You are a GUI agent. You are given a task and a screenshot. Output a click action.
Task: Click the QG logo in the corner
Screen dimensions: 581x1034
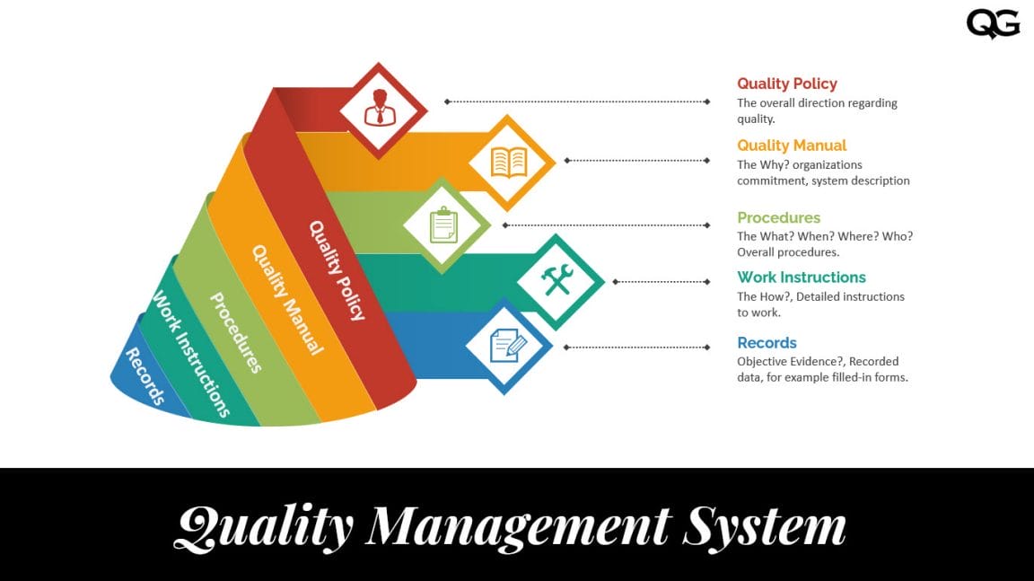pyautogui.click(x=993, y=23)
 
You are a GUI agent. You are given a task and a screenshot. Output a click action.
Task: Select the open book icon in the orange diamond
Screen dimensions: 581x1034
pyautogui.click(x=508, y=163)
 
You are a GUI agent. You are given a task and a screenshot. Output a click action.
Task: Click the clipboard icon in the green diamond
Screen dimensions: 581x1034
pyautogui.click(x=443, y=224)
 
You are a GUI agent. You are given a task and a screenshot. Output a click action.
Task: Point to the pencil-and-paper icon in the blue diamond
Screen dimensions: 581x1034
pyautogui.click(x=506, y=346)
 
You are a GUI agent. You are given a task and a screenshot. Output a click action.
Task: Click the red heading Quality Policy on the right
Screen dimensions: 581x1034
pyautogui.click(x=787, y=84)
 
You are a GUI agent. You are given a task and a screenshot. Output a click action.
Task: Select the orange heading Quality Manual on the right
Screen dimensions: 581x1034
pyautogui.click(x=792, y=145)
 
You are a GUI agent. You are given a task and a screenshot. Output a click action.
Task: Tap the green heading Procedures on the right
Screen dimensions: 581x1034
pyautogui.click(x=778, y=217)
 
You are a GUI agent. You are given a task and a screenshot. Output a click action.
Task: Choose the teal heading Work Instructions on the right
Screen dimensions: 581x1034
pyautogui.click(x=802, y=277)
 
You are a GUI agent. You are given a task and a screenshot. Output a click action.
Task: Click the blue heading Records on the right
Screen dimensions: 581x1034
pyautogui.click(x=767, y=343)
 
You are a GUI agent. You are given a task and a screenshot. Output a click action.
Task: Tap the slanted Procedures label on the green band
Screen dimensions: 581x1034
pyautogui.click(x=236, y=332)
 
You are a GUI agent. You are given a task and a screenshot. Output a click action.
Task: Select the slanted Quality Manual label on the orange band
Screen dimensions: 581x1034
pyautogui.click(x=286, y=300)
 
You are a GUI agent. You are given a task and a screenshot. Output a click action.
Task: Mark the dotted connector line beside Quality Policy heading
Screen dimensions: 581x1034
pyautogui.click(x=578, y=101)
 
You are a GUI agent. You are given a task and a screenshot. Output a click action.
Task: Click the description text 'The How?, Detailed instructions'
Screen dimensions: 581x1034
pyautogui.click(x=820, y=296)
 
